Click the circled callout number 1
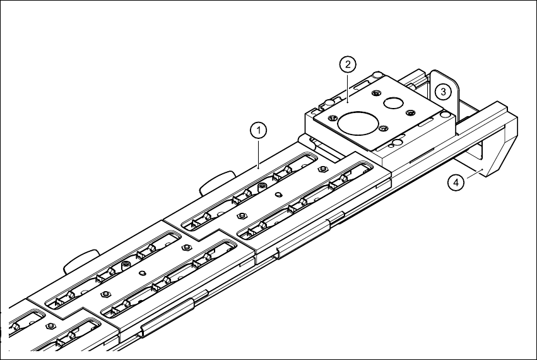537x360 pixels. [257, 130]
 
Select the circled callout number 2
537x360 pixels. [348, 64]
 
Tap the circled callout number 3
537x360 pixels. [444, 92]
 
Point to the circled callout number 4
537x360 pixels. [455, 183]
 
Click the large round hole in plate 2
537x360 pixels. [356, 122]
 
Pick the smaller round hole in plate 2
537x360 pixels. [396, 102]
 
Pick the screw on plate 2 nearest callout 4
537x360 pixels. [382, 129]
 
